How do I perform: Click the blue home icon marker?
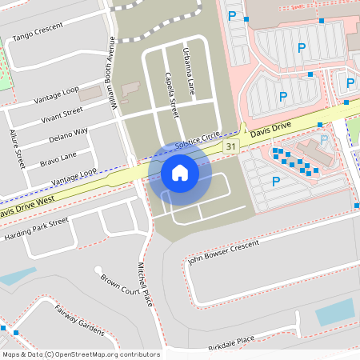[x=180, y=173]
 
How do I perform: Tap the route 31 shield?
[x=231, y=146]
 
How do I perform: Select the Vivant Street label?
[x=61, y=116]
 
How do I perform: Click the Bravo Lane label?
[x=58, y=155]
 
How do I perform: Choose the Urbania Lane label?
[x=189, y=73]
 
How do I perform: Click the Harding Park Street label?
[x=38, y=230]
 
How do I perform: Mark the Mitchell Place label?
[x=144, y=283]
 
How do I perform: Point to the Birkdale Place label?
[x=231, y=340]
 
